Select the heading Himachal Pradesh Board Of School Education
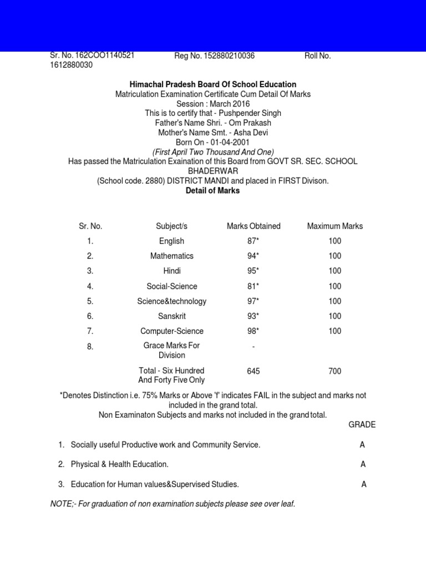[213, 84]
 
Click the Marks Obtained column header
[253, 226]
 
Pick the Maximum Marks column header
[335, 226]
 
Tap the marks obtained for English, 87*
[253, 241]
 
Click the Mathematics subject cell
[171, 256]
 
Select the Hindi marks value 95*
[253, 271]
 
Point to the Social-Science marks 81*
[253, 286]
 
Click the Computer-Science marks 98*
[253, 331]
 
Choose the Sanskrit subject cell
[171, 316]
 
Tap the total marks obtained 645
[253, 371]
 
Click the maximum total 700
[335, 371]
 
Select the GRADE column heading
[362, 425]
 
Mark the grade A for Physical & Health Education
[362, 464]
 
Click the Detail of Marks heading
[213, 190]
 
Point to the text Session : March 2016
[213, 104]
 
